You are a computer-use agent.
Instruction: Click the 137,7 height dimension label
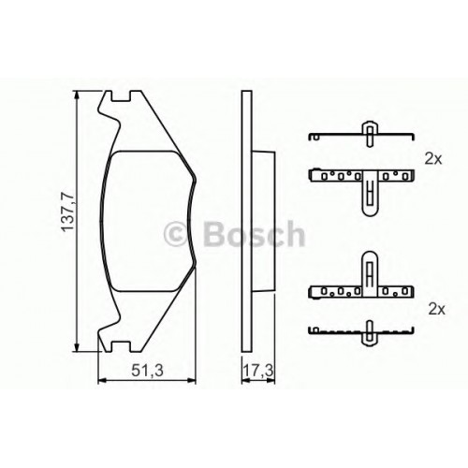coord(67,212)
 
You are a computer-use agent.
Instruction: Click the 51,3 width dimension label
coord(147,371)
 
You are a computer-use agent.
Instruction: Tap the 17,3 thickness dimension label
coord(258,371)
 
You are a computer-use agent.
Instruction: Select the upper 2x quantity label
coord(433,159)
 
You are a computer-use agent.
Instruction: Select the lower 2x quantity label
coord(437,309)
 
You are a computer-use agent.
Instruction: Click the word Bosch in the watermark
coord(255,234)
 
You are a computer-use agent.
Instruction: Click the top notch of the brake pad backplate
coord(121,96)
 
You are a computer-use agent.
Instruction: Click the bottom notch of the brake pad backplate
coord(121,346)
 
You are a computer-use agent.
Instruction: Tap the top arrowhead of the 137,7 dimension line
coord(77,96)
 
